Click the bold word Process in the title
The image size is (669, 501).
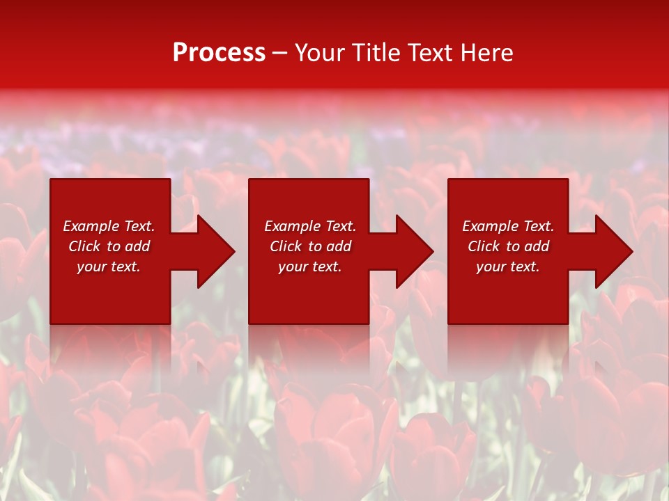point(219,53)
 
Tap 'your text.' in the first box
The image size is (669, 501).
point(109,267)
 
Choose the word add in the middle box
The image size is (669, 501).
point(339,246)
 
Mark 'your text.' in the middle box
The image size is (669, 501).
point(310,267)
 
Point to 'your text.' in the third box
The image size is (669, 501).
point(508,267)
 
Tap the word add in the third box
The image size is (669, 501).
point(537,246)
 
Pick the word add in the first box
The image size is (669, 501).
point(137,246)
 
